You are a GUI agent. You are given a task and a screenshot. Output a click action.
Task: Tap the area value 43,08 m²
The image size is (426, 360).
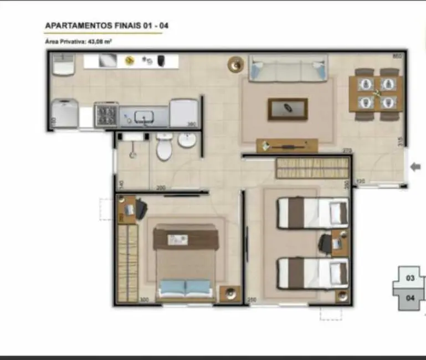pos(100,41)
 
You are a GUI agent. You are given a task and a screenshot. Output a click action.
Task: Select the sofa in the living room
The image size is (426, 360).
pos(288,69)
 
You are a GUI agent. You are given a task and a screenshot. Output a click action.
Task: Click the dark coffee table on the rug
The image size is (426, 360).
pos(288,109)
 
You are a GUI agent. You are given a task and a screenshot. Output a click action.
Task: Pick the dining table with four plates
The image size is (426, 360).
pos(376,94)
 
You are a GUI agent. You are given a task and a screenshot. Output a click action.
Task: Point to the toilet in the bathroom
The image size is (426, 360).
pos(164,146)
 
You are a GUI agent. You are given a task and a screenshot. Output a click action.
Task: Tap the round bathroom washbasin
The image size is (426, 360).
pos(187,141)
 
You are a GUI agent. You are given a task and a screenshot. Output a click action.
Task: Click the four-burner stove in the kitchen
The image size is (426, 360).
pos(106,114)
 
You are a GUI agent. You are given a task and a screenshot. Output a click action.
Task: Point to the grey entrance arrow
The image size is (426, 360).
pos(415,167)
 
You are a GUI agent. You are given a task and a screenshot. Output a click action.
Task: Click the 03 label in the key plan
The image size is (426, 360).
pos(410,278)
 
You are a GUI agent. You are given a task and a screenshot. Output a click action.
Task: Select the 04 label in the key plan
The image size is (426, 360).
pos(410,297)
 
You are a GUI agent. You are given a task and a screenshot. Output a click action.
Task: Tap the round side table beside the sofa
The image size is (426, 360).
pos(236,65)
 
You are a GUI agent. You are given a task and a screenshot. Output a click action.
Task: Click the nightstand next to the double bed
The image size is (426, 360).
pos(229,293)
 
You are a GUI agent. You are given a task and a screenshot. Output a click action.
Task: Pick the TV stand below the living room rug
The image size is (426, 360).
pos(287,146)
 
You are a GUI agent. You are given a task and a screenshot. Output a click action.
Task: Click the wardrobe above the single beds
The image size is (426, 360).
pos(312,168)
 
